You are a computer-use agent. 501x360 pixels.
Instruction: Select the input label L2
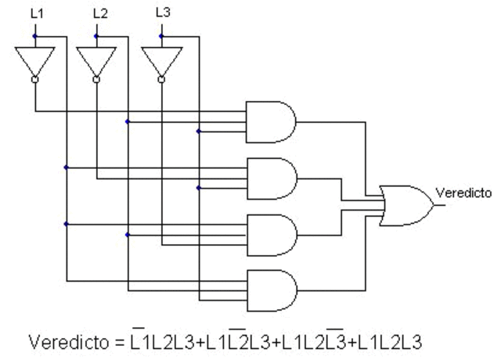(99, 13)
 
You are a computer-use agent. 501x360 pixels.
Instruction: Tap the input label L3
(162, 13)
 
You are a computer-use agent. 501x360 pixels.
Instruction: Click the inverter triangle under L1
(34, 59)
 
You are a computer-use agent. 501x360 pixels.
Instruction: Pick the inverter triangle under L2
(96, 59)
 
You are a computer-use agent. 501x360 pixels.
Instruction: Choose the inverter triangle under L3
(161, 59)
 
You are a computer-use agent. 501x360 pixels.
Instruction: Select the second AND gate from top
(271, 178)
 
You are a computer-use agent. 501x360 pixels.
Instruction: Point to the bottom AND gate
(271, 289)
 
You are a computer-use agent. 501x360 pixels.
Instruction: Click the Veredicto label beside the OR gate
(463, 192)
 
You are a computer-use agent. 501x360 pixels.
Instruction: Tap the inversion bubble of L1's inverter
(34, 79)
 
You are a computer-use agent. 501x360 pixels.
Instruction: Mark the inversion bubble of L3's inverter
(161, 79)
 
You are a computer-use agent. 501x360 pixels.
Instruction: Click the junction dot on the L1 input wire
(34, 36)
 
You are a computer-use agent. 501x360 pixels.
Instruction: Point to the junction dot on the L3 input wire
(161, 36)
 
